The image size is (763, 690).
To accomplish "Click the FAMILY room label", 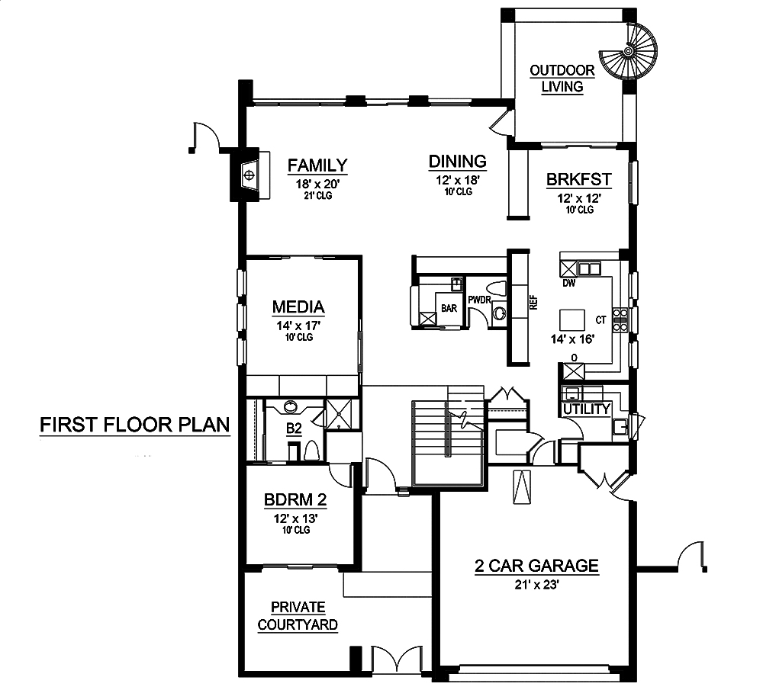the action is coord(317,165).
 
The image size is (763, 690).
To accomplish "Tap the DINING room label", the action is coord(457,162).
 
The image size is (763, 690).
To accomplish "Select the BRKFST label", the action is coord(578,179).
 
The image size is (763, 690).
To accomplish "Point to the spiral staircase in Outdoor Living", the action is coord(628,51).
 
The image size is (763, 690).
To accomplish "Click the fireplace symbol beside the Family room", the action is coord(250,175).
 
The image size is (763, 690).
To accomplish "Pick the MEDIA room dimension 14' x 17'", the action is coord(299,326).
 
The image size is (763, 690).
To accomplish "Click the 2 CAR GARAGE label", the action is coord(536,566).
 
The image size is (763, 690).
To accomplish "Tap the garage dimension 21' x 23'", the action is coord(536,585).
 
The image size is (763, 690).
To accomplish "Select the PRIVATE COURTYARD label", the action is coord(298,616).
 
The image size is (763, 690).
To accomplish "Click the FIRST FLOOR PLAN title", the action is coord(135,425).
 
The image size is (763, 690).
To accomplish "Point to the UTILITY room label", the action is coord(586,409).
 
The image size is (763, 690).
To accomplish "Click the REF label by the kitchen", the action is coord(533,303).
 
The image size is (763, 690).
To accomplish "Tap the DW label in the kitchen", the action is coord(569,283).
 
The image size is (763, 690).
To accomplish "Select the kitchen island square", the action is coord(572,320).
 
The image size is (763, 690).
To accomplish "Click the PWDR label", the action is coord(479,300).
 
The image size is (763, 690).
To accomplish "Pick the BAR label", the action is coord(449,308).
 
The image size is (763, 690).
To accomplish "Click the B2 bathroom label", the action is coord(294,428).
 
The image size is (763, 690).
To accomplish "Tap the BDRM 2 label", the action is coord(295,500).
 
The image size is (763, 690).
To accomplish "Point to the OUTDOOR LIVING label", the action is coord(562,79).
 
